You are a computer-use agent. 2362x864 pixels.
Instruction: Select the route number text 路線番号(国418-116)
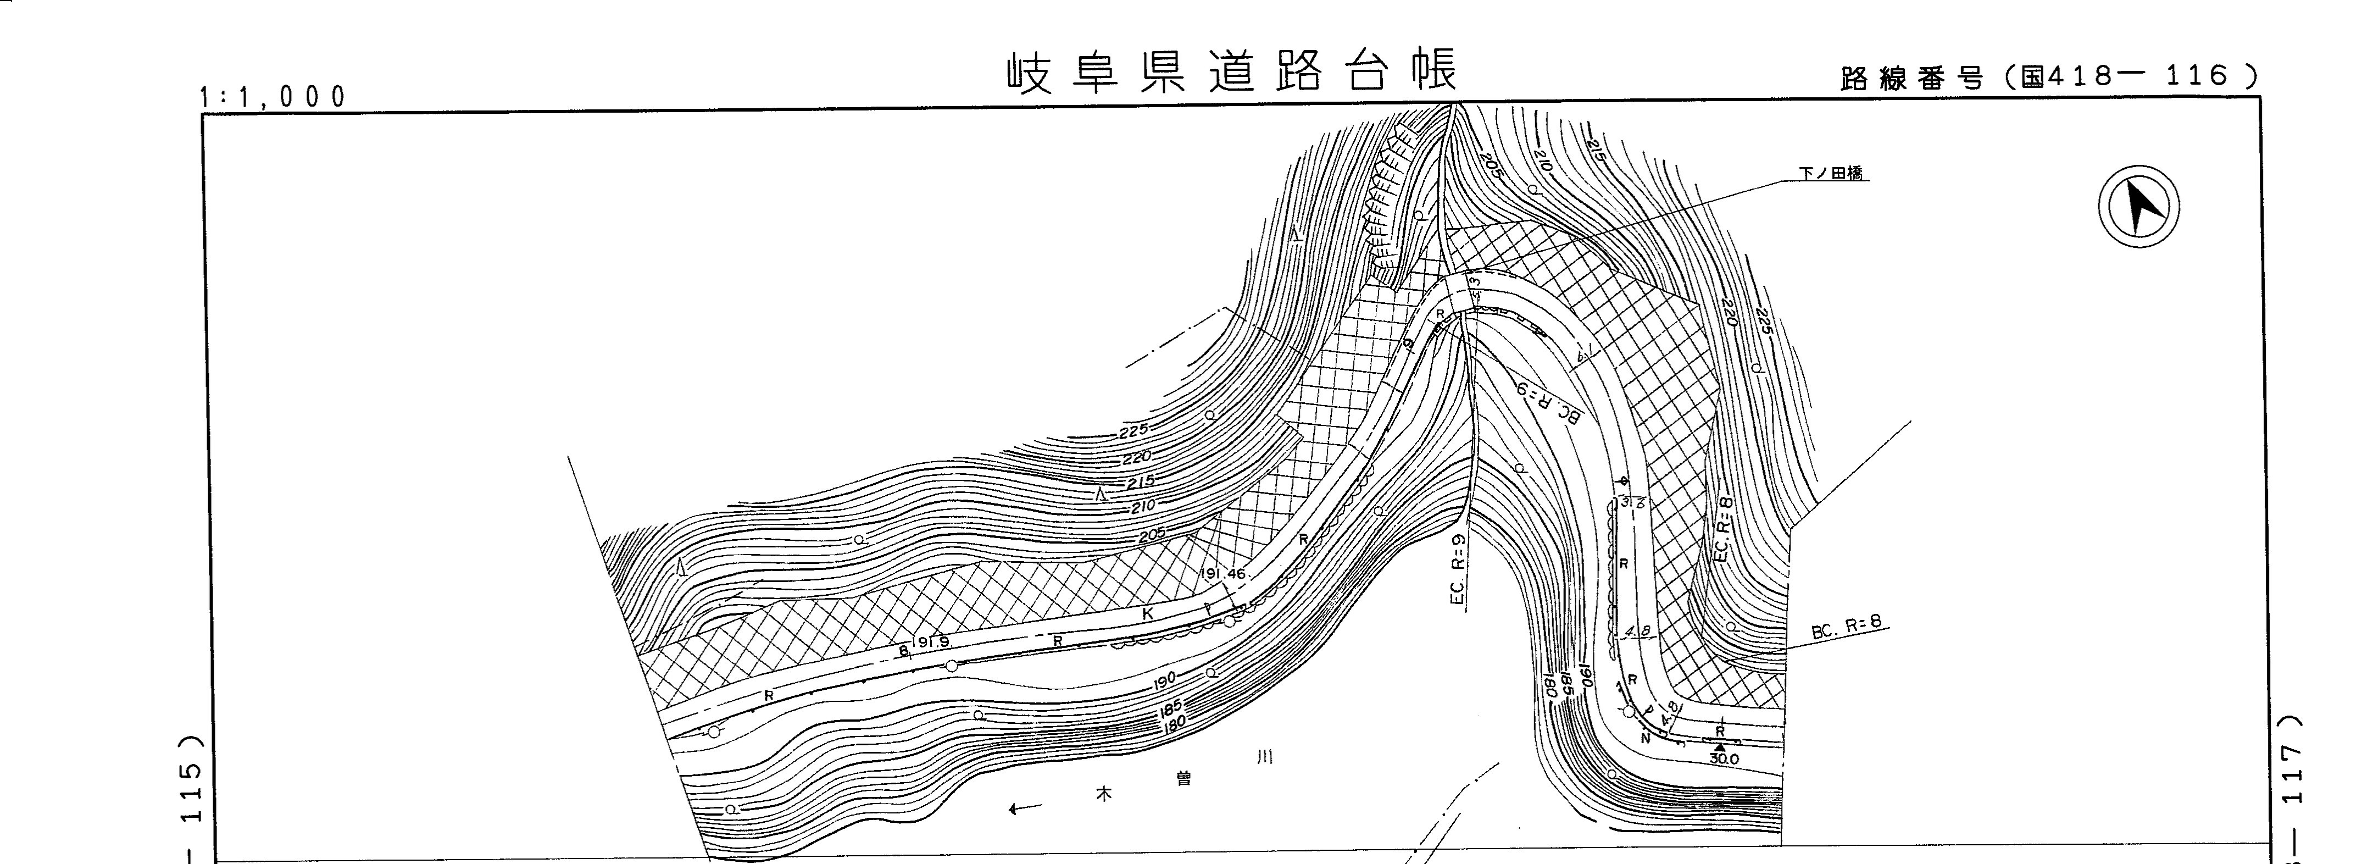pyautogui.click(x=2049, y=77)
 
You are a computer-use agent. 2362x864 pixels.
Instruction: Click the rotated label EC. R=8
pyautogui.click(x=1721, y=529)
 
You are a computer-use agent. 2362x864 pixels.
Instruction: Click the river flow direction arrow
pyautogui.click(x=1024, y=808)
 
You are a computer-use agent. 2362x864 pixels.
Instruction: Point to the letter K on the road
pyautogui.click(x=1147, y=613)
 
